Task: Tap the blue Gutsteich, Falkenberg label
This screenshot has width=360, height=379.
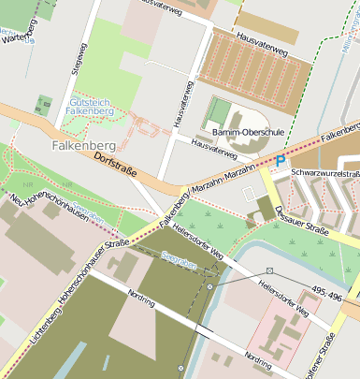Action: (92, 106)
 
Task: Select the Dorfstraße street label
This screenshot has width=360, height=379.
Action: (120, 168)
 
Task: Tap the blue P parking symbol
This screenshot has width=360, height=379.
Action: (280, 160)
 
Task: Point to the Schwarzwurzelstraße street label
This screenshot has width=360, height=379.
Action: (325, 173)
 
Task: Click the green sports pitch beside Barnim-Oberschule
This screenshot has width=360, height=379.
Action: (218, 111)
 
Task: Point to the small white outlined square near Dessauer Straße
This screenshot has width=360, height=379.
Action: (248, 193)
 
